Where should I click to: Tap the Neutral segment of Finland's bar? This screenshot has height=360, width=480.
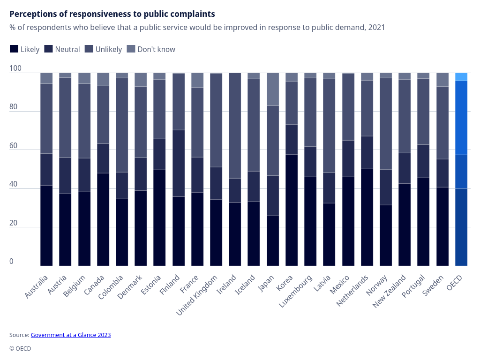pos(179,163)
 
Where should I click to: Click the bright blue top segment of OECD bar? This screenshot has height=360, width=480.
pos(461,77)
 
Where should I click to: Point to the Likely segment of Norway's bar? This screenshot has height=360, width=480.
pos(386,235)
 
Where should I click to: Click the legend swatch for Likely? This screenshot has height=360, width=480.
pos(14,49)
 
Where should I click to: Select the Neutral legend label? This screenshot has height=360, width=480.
pos(67,49)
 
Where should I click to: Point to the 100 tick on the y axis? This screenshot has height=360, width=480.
pos(15,68)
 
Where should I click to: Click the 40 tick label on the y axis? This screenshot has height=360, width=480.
pos(14,184)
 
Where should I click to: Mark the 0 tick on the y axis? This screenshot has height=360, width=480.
pos(12,262)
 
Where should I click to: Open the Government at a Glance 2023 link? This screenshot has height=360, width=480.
pos(71,335)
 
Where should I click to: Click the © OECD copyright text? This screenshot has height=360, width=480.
pos(20,349)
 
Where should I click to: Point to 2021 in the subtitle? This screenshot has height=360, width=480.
pos(376,27)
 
